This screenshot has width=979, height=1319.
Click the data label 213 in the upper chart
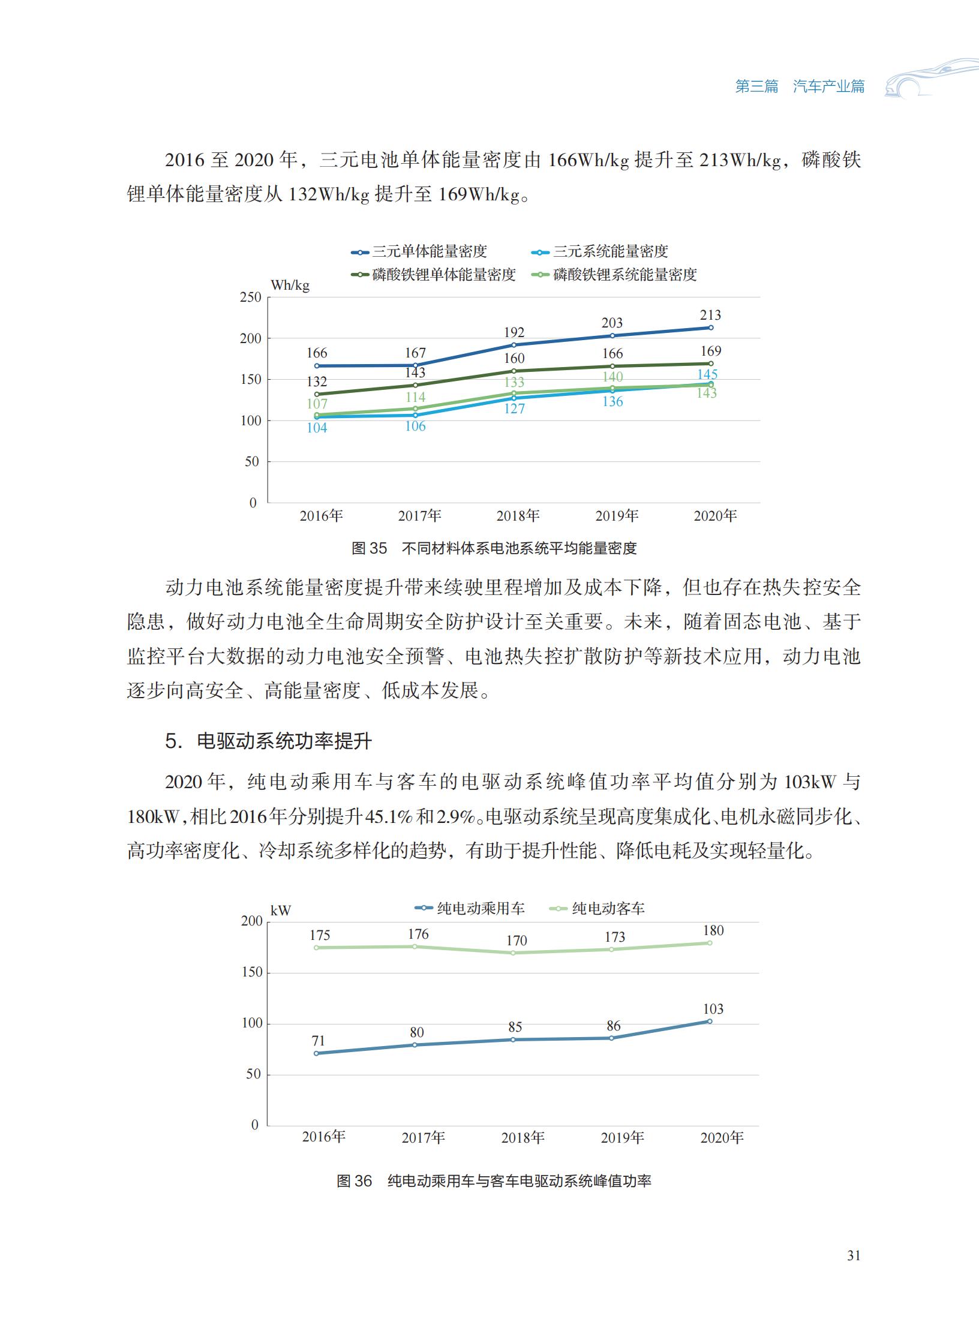[x=710, y=315]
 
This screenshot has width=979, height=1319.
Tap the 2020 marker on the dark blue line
[x=711, y=328]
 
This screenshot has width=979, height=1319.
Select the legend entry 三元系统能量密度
[x=600, y=251]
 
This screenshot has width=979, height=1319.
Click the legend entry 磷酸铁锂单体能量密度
[x=434, y=275]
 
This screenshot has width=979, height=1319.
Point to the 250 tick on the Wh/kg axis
[x=251, y=297]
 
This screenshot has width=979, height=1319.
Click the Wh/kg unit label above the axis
[x=290, y=286]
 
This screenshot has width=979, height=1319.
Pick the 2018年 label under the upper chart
[x=518, y=516]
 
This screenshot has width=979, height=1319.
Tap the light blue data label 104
[x=317, y=428]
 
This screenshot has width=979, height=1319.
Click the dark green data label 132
[x=317, y=381]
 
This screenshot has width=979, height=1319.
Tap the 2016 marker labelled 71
[x=317, y=1053]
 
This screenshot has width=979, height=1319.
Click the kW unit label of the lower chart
[x=280, y=911]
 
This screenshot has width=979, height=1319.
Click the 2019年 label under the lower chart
[x=622, y=1137]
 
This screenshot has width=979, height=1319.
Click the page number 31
[x=854, y=1255]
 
